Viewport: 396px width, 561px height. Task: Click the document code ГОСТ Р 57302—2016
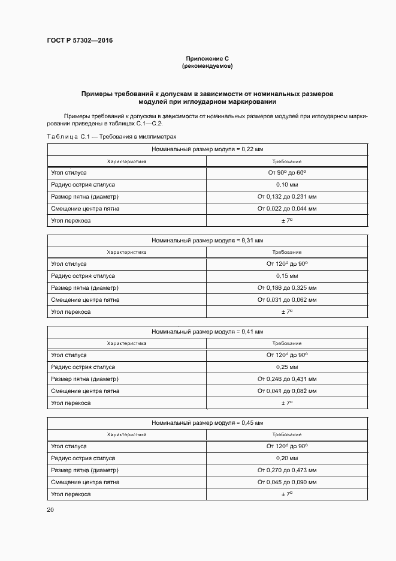pyautogui.click(x=80, y=41)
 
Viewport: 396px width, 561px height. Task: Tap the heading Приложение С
pyautogui.click(x=207, y=59)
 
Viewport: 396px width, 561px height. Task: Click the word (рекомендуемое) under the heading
pyautogui.click(x=207, y=66)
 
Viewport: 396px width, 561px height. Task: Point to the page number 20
pyautogui.click(x=50, y=509)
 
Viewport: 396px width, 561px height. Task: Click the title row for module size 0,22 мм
pyautogui.click(x=207, y=149)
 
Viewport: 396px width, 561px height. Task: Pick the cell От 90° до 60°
pyautogui.click(x=287, y=173)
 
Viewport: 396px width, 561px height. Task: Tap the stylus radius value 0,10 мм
pyautogui.click(x=287, y=185)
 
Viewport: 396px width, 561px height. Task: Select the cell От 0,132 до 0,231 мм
pyautogui.click(x=287, y=197)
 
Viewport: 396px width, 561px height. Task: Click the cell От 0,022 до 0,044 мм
pyautogui.click(x=287, y=209)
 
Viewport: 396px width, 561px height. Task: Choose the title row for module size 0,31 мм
pyautogui.click(x=207, y=240)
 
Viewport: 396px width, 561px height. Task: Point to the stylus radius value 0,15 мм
pyautogui.click(x=287, y=276)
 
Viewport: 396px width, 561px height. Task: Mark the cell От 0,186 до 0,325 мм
pyautogui.click(x=287, y=288)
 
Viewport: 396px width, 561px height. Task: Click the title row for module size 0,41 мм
pyautogui.click(x=207, y=331)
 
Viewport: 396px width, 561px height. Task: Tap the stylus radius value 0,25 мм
pyautogui.click(x=287, y=367)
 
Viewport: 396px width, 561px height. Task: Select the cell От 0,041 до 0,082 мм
pyautogui.click(x=287, y=391)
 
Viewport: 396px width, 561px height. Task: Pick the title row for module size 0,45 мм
pyautogui.click(x=207, y=422)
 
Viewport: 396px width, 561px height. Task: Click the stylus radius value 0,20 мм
pyautogui.click(x=287, y=458)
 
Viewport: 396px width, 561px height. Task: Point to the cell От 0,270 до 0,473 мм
pyautogui.click(x=287, y=470)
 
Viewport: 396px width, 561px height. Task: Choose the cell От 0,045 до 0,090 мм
pyautogui.click(x=287, y=482)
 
